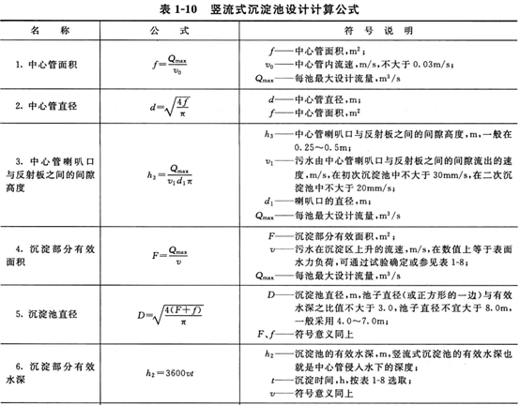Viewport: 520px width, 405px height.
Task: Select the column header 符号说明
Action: pos(385,29)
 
